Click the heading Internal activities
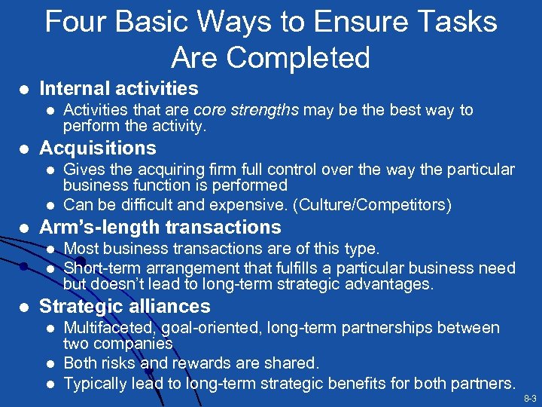click(x=119, y=89)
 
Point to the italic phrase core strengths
click(x=247, y=110)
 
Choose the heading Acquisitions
click(x=98, y=148)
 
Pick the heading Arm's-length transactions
click(x=160, y=227)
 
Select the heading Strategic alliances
click(x=124, y=306)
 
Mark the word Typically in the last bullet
click(x=95, y=383)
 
